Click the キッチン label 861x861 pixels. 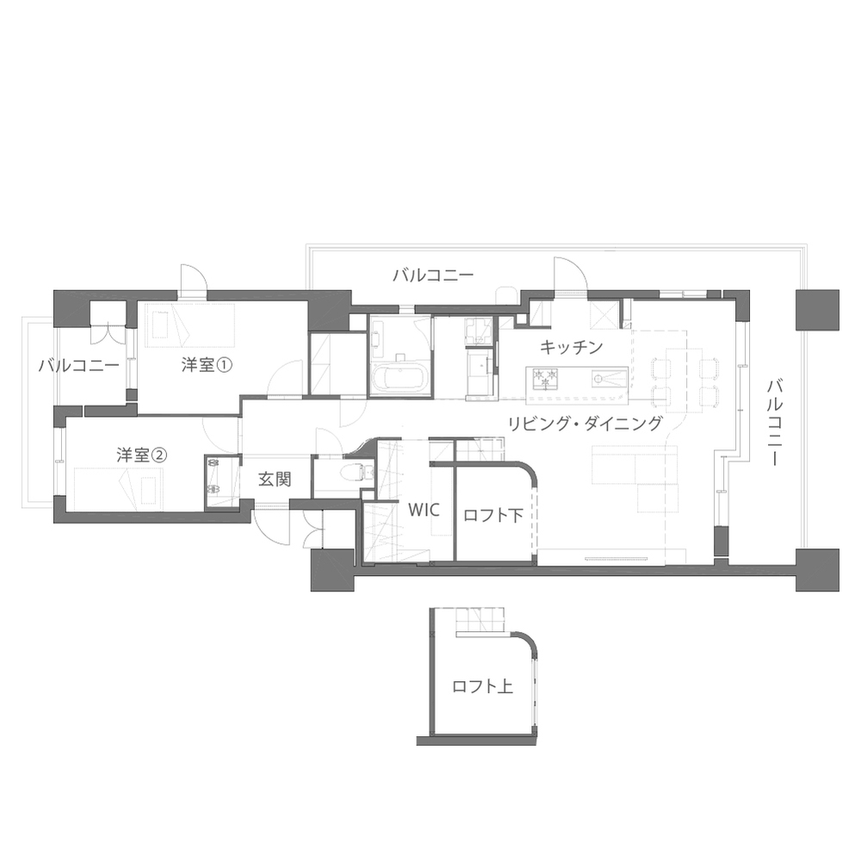coord(571,347)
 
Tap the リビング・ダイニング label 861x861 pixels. coord(585,424)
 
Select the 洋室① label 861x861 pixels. coord(207,365)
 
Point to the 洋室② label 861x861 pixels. coord(142,455)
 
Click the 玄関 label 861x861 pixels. coord(275,480)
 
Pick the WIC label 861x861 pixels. coord(424,510)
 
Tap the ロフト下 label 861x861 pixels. coord(493,515)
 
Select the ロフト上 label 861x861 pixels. coord(482,686)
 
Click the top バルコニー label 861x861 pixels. coord(433,276)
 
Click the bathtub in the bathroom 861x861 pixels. coord(398,377)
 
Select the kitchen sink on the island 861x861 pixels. coord(609,377)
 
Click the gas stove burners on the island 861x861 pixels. coord(545,377)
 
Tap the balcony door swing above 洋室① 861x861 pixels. coord(195,277)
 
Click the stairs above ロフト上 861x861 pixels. coord(480,619)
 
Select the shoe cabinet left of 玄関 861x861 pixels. coord(222,481)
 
